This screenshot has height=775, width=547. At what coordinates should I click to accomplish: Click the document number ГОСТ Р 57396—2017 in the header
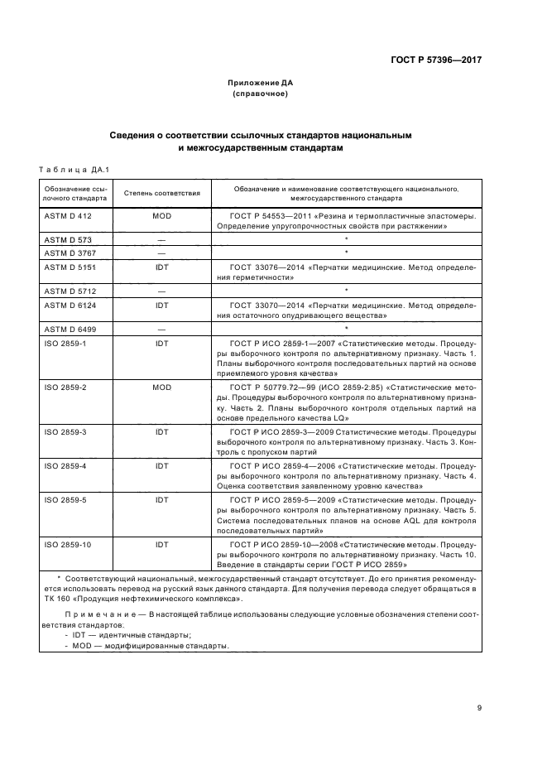tap(435, 60)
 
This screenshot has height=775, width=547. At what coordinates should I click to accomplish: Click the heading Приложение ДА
tap(261, 83)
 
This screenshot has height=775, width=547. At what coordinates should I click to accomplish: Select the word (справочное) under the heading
tap(261, 94)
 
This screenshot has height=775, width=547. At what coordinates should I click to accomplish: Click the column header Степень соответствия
tap(162, 193)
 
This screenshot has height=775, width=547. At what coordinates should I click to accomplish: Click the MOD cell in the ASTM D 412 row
tap(162, 215)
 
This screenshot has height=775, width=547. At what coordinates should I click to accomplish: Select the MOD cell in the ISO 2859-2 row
tap(162, 387)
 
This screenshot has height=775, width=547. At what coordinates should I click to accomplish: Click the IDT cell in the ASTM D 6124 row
tap(162, 305)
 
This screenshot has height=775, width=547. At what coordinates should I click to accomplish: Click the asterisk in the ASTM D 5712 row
tap(346, 290)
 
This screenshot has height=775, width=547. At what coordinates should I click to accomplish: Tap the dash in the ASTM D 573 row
tap(162, 238)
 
